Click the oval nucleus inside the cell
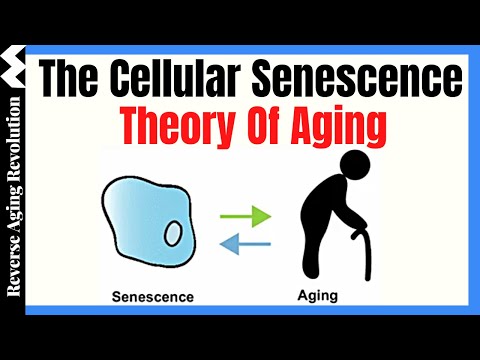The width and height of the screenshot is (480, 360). tap(173, 233)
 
